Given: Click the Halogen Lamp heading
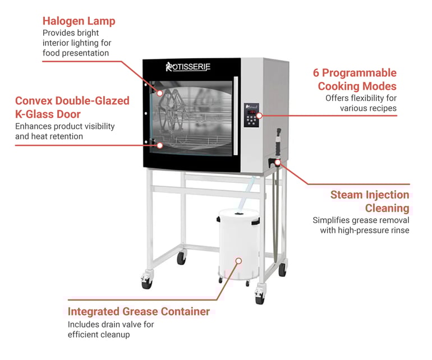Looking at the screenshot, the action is [79, 21].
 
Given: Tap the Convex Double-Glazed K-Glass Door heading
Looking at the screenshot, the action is [72, 108].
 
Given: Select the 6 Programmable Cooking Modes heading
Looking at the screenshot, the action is [355, 79].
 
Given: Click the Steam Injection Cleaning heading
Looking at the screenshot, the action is [370, 201].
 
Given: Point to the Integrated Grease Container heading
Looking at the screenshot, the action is [139, 312].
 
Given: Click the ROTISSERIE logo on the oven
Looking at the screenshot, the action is [188, 67].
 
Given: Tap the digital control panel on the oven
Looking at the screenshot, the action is [251, 115].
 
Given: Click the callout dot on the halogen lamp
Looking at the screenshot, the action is [160, 94].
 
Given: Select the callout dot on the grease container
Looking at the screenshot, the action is [239, 261].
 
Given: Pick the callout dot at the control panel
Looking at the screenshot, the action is [259, 116].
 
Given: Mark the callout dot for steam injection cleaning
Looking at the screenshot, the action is [278, 163].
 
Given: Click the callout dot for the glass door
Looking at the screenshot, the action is [160, 145].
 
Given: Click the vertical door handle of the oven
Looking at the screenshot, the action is [236, 116].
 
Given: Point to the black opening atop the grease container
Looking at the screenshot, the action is [238, 214].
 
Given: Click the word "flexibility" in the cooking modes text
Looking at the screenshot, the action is [366, 98].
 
